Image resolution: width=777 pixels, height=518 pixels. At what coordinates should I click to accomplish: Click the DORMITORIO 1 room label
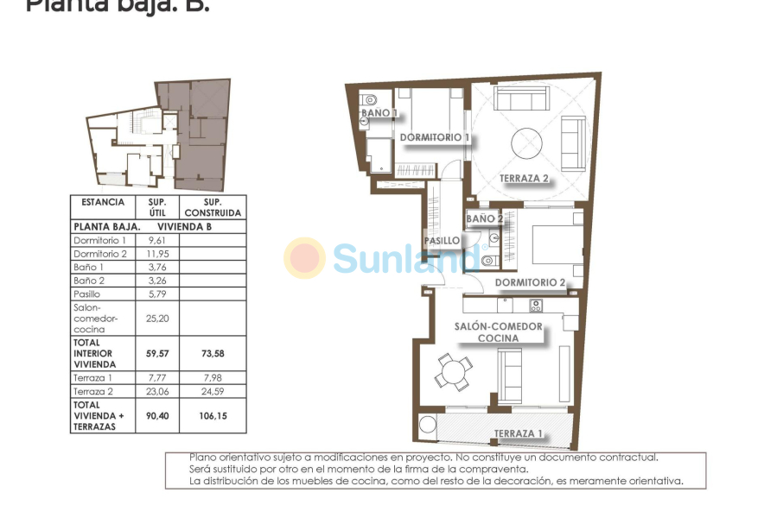click(x=434, y=137)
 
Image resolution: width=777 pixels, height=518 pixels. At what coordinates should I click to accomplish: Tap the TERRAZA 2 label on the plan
click(x=524, y=180)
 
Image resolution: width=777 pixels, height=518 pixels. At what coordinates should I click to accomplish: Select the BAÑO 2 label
click(x=484, y=219)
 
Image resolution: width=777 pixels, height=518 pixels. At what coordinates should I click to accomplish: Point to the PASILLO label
click(x=441, y=241)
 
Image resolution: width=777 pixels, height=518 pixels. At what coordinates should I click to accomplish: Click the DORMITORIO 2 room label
click(x=530, y=282)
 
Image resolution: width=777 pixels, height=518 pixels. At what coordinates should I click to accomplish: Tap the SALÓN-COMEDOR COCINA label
click(x=499, y=332)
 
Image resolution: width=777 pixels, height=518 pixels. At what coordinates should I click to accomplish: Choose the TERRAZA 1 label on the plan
click(x=518, y=433)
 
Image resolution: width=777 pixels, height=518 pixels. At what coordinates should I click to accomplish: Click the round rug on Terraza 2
click(x=526, y=142)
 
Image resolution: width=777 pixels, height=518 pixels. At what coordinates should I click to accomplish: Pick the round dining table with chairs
click(x=451, y=374)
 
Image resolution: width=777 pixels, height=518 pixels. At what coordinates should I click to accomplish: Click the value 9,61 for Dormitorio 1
click(x=156, y=240)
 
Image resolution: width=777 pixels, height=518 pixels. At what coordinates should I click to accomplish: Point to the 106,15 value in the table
click(x=213, y=415)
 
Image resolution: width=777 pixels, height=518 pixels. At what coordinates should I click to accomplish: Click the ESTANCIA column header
click(x=103, y=202)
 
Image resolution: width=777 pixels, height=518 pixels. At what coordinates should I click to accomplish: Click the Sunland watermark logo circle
click(x=305, y=258)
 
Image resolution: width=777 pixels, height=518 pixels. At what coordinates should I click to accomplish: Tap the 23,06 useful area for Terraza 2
click(x=156, y=390)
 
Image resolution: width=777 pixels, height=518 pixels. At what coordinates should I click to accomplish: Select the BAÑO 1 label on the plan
click(x=379, y=113)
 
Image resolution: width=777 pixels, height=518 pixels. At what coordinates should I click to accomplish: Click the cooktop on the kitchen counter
click(x=535, y=305)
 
